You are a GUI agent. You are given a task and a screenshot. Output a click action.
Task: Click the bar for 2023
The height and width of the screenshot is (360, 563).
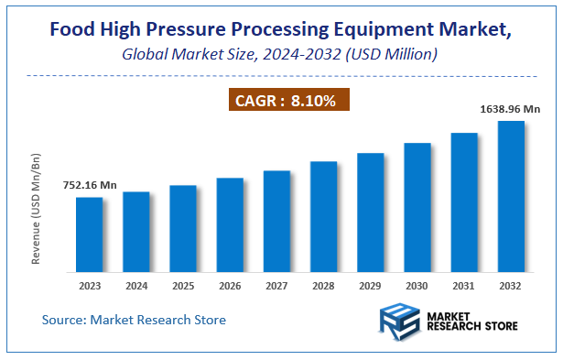click(x=89, y=235)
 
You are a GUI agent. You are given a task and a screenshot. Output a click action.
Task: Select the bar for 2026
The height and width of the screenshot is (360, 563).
click(x=230, y=225)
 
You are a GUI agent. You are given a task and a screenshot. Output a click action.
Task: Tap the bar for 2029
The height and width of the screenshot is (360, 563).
click(x=370, y=213)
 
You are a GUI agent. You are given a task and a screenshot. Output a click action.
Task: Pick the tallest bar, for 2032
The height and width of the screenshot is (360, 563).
click(x=511, y=196)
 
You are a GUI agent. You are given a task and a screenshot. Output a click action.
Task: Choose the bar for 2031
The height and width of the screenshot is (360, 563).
click(x=464, y=202)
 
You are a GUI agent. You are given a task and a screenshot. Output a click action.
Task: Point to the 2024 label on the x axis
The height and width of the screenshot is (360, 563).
click(x=135, y=286)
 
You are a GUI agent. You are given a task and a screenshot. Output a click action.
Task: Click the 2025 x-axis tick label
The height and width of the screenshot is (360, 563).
click(x=183, y=286)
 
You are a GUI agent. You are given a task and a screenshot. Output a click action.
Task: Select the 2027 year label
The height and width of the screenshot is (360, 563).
click(x=276, y=286)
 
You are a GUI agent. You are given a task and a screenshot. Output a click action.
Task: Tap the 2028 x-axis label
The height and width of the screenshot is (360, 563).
click(x=323, y=286)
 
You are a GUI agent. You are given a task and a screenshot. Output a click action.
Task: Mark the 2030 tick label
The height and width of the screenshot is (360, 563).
click(x=417, y=286)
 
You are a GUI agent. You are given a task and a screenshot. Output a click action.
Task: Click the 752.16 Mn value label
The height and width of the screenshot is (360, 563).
click(x=90, y=185)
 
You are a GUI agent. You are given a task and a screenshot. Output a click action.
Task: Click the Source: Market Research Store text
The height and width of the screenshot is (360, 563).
click(x=134, y=320)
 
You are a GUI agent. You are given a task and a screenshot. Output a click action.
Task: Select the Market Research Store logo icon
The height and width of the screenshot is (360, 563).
click(x=399, y=323)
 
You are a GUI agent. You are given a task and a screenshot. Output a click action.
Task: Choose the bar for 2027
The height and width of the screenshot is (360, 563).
click(x=276, y=221)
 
